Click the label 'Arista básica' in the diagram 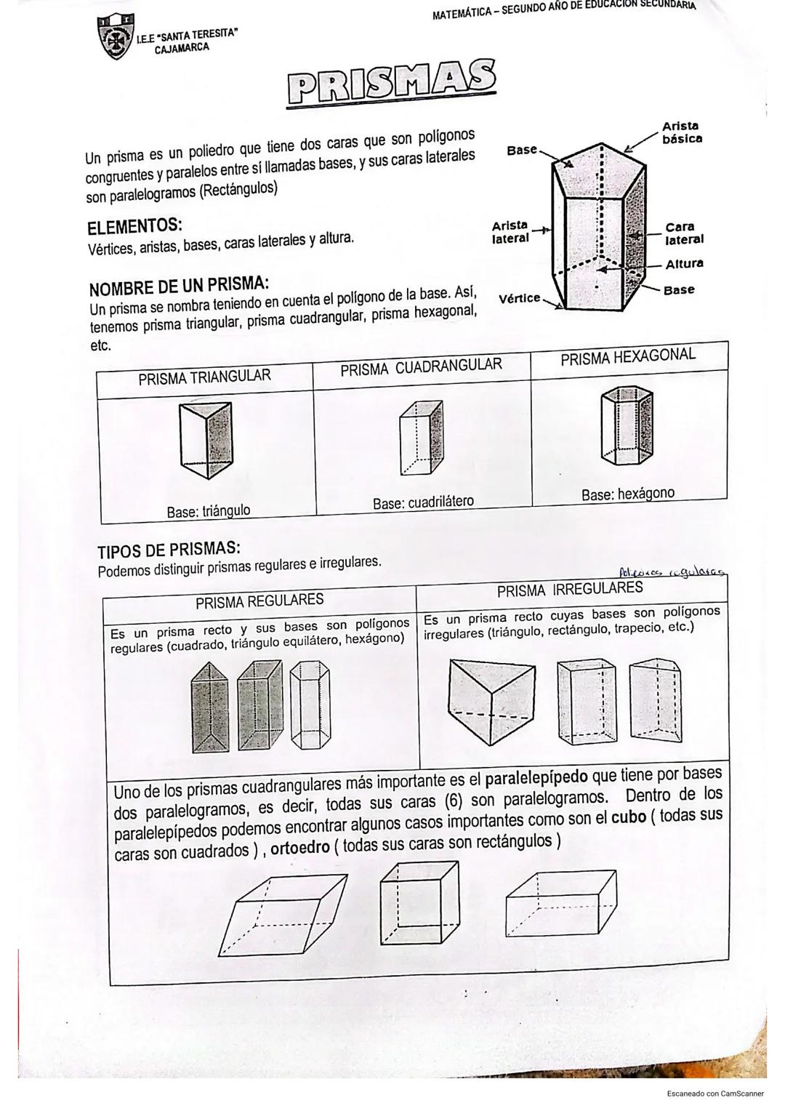point(681,132)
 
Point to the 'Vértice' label point(520,298)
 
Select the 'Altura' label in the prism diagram point(684,264)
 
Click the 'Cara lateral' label point(684,233)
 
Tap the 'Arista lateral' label point(510,232)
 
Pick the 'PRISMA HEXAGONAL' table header point(627,356)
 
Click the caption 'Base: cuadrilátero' point(422,502)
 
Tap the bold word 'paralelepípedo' point(536,778)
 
